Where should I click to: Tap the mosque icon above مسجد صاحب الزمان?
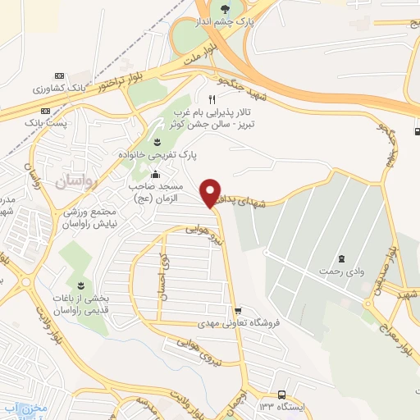[x=156, y=174]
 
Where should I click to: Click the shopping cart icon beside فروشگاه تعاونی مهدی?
[x=237, y=311]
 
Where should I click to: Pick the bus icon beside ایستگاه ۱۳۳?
[x=282, y=395]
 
